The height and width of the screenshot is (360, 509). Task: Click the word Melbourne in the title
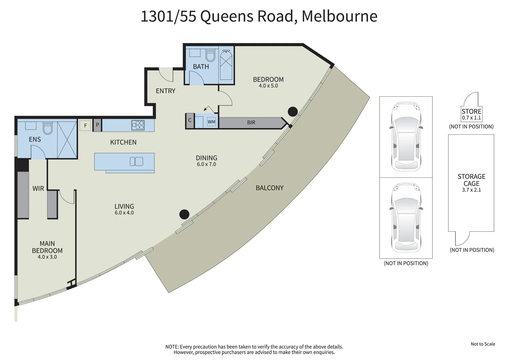point(339,16)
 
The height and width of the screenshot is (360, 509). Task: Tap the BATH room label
point(201,67)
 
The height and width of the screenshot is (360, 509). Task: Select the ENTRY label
point(165,91)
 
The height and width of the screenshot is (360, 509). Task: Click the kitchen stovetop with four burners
point(138,125)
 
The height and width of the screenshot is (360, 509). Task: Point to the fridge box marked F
point(85,126)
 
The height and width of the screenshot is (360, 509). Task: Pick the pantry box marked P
point(97,125)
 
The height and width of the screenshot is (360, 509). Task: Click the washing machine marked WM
point(211,122)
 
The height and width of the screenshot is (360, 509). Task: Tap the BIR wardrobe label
point(251,123)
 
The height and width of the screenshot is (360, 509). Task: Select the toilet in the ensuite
point(48,128)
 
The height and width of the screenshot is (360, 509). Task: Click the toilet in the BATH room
point(210,55)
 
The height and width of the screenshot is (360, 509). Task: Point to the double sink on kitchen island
point(136,161)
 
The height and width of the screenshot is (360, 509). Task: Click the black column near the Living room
point(184,214)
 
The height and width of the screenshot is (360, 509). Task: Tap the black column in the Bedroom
point(293,112)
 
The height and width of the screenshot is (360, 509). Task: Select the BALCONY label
point(269,188)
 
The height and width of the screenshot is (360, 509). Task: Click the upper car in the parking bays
point(406,137)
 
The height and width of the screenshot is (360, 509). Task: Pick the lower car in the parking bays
point(406,217)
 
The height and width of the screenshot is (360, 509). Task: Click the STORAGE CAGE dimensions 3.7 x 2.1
point(471,190)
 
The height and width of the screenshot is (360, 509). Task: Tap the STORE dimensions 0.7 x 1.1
point(471,118)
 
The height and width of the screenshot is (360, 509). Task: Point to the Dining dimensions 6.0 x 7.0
point(206,164)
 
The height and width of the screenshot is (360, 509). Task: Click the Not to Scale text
point(483,344)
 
